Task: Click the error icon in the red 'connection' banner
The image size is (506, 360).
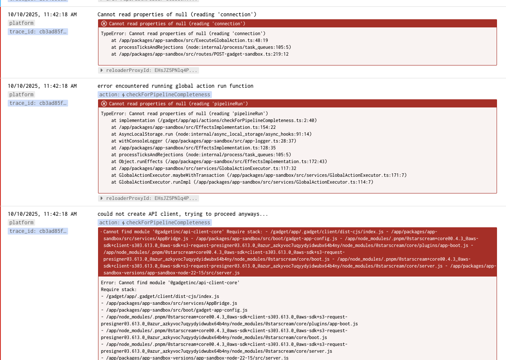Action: (x=104, y=24)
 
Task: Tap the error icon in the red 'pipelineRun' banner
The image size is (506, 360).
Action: (x=104, y=104)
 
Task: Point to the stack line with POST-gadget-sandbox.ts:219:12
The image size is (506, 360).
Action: (x=200, y=54)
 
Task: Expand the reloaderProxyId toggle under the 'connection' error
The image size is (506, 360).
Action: (x=148, y=70)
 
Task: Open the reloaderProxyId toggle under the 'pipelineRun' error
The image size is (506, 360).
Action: (x=148, y=198)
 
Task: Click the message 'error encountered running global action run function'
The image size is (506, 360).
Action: (x=176, y=86)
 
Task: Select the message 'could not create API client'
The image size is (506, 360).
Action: (x=183, y=214)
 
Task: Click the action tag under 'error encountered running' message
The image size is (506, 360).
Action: (x=155, y=95)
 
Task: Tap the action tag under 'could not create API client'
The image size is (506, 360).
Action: (x=155, y=223)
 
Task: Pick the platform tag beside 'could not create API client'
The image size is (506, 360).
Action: (x=21, y=223)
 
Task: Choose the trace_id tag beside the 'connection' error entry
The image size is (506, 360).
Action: (x=38, y=32)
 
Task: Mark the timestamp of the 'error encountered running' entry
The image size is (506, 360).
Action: (x=42, y=86)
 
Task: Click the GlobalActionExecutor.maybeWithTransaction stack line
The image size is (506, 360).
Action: (x=259, y=175)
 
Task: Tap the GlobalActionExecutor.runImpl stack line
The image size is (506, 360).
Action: (x=242, y=182)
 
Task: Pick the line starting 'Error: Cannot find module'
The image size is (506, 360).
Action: (x=170, y=283)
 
